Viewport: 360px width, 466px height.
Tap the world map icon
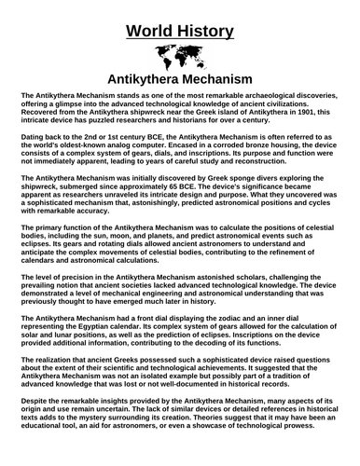coord(179,54)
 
